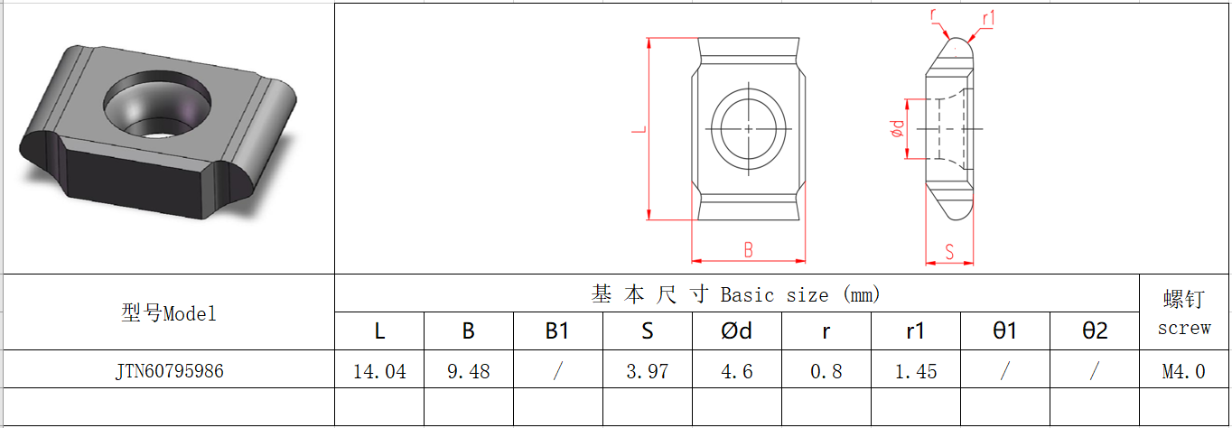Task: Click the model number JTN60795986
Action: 170,371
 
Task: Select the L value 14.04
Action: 379,371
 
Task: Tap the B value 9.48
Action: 469,371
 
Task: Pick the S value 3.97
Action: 648,371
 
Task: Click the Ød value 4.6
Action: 737,371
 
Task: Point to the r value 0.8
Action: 826,371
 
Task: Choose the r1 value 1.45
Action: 916,371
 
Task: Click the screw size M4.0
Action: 1183,371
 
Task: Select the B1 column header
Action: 557,331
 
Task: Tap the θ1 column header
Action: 1005,331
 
